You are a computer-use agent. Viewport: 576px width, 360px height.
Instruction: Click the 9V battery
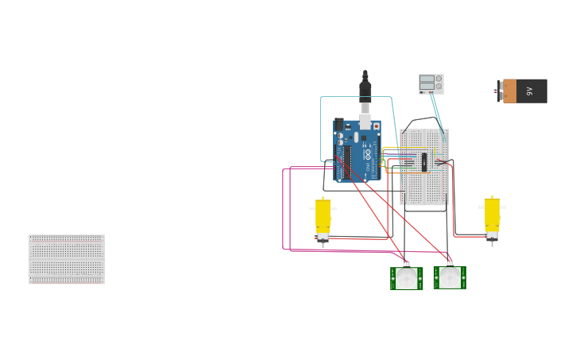coord(525,91)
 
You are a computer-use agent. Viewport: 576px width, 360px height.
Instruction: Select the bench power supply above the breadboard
coord(431,83)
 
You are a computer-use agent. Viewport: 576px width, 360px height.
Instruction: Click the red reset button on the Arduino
coord(376,126)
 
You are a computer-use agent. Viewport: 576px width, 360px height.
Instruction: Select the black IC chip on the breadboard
coord(424,162)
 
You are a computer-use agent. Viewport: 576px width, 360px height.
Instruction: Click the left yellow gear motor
coord(323,217)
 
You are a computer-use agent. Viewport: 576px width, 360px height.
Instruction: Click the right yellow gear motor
coord(492,216)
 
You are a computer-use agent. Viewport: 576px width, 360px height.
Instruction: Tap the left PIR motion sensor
coord(406,278)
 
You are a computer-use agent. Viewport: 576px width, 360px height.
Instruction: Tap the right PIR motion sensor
coord(450,277)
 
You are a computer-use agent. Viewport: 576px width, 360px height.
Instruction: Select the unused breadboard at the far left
coord(67,259)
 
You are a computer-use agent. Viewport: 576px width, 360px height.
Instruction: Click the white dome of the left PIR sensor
coord(407,278)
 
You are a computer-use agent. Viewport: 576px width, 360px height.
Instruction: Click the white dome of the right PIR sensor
coord(450,277)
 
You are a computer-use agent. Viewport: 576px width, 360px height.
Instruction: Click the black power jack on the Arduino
coord(339,125)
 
